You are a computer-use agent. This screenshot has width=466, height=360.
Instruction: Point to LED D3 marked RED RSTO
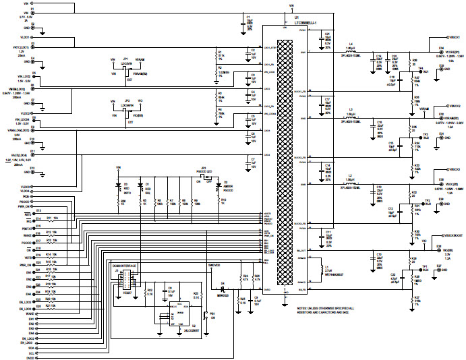tap(126, 188)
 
